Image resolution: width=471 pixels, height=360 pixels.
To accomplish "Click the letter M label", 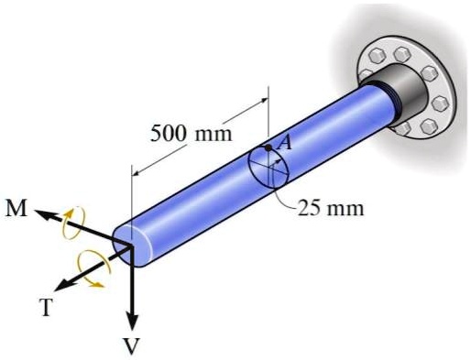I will coord(16,208).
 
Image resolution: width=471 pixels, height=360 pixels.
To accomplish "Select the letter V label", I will coord(132,345).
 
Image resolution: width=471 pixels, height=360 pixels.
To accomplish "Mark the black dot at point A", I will coord(267,147).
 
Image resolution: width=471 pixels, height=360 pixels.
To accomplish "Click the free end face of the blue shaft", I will coord(126,242).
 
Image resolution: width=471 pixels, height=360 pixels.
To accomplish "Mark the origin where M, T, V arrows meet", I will coord(131,245).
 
